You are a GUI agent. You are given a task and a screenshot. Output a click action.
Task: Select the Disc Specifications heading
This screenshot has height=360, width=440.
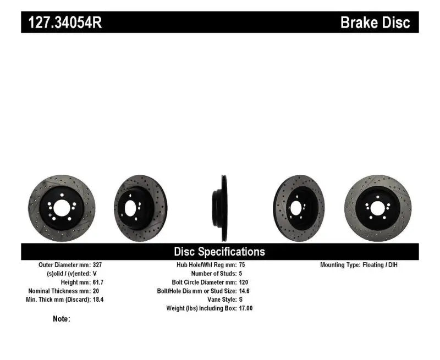coord(219,252)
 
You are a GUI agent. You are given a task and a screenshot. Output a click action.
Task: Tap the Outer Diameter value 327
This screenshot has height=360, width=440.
coord(98,265)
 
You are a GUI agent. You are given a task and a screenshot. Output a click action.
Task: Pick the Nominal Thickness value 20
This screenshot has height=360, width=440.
coord(96,291)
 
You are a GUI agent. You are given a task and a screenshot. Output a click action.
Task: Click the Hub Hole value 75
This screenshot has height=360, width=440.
coord(243,265)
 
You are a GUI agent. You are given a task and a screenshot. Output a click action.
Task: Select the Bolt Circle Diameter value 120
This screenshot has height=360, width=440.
coord(244,282)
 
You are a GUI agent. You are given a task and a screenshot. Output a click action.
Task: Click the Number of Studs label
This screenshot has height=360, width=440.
coord(213,273)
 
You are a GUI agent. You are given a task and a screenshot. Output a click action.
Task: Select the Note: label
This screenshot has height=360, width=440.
coord(62,319)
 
